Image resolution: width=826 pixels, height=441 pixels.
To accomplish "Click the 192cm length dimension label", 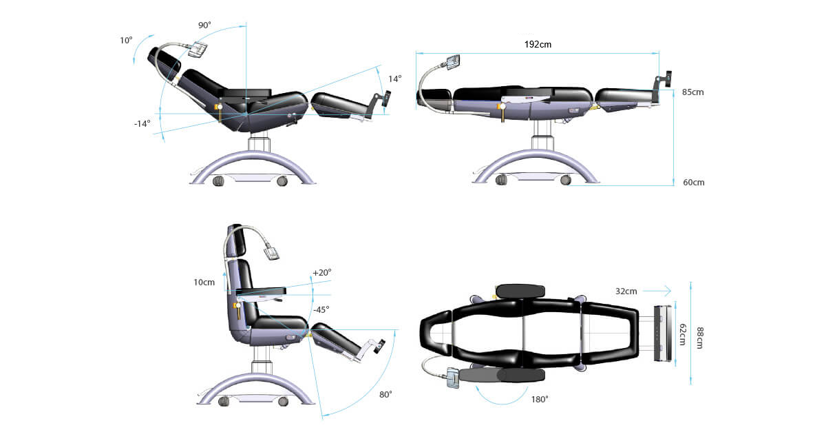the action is click(x=538, y=45).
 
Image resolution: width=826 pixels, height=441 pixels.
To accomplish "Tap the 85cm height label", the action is click(x=693, y=92).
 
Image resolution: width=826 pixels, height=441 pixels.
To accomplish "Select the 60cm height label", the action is click(x=694, y=183).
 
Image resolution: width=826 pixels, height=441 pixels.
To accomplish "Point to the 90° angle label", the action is click(x=204, y=25).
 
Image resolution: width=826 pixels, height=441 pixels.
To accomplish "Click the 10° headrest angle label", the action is click(x=126, y=40).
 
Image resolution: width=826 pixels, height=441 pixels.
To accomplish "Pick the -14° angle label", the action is click(x=142, y=123).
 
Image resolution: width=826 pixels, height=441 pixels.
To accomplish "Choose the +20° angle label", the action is click(x=322, y=272).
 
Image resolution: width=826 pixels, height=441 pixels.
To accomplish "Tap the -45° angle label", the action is click(x=321, y=309).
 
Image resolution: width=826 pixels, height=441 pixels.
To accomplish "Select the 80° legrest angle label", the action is click(x=385, y=395).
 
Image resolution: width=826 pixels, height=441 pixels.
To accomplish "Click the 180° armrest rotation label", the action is click(x=540, y=399).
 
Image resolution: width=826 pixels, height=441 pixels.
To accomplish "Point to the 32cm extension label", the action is click(x=626, y=291).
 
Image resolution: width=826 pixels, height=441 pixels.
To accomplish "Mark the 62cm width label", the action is click(x=683, y=334).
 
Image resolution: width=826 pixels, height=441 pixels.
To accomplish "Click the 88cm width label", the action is click(x=700, y=338).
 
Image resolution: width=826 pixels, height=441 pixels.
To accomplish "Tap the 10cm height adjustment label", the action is click(x=204, y=283).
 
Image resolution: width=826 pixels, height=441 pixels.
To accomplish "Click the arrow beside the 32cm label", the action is click(x=657, y=291).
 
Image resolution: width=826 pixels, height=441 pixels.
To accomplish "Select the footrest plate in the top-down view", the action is click(x=664, y=334).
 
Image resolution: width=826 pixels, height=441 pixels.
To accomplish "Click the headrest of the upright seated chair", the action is click(x=237, y=240).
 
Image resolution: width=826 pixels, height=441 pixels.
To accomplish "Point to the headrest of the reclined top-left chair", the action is click(x=165, y=60).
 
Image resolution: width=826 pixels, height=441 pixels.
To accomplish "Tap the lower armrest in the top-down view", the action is click(x=502, y=376).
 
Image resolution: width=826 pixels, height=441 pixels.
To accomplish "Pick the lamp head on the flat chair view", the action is click(x=453, y=63).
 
